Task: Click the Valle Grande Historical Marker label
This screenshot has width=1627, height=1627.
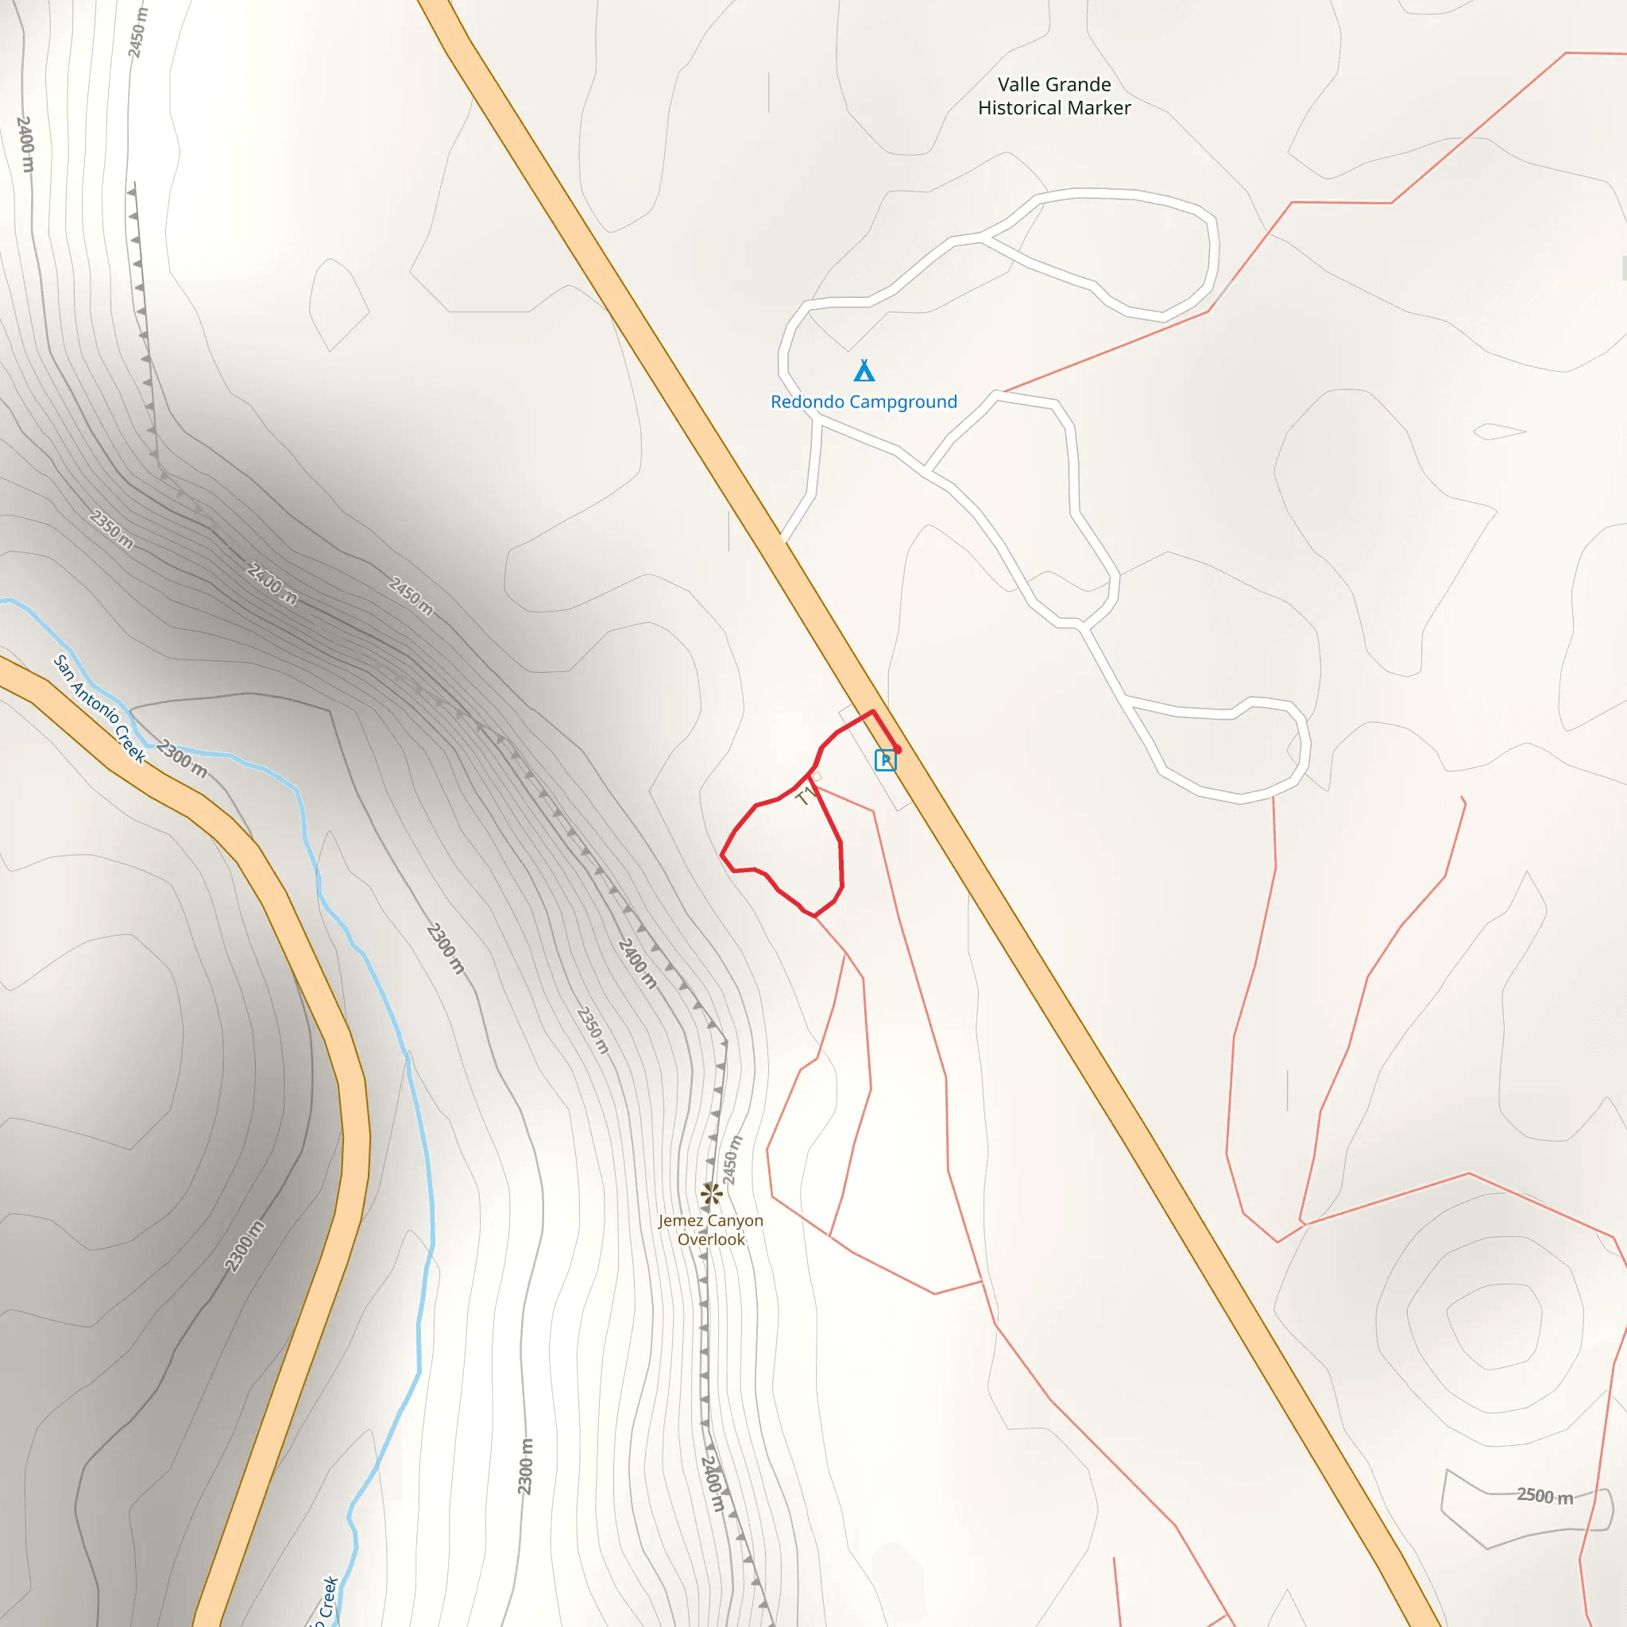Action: (1053, 96)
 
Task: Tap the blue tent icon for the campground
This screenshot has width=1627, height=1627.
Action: (864, 370)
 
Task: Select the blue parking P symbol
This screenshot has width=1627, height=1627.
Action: (885, 760)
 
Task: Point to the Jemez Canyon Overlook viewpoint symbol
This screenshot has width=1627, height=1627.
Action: (712, 1193)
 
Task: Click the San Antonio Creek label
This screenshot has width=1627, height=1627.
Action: (99, 708)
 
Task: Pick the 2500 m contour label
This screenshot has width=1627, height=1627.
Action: (1544, 1496)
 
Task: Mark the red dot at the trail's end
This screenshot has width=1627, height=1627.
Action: (898, 749)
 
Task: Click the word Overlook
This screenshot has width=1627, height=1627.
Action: (712, 1239)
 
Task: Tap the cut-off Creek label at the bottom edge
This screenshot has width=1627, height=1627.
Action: (327, 1601)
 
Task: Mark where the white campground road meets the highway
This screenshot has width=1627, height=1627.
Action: (783, 537)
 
